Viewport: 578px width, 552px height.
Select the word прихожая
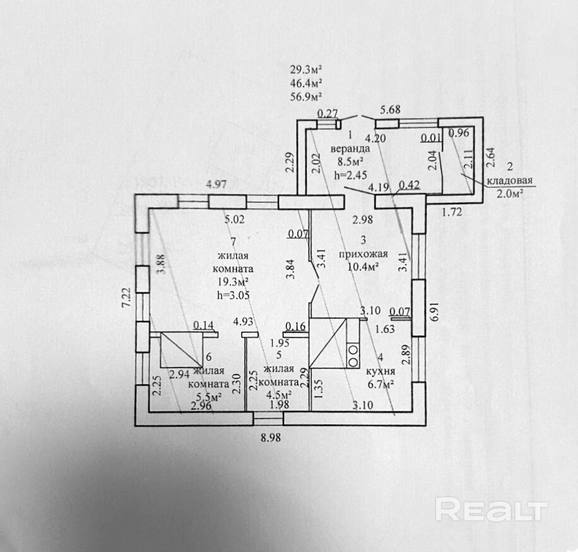[x=359, y=255]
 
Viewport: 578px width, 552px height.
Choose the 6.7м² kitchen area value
[x=381, y=383]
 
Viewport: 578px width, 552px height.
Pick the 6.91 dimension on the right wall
[x=433, y=313]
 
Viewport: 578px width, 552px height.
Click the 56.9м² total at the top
[x=307, y=96]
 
